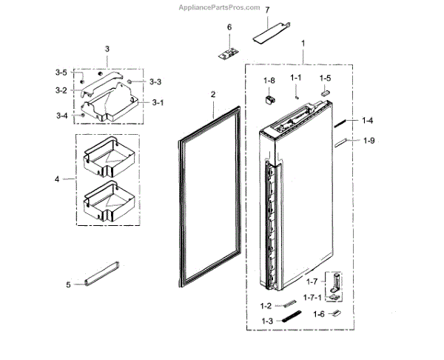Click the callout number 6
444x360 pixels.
coord(229,27)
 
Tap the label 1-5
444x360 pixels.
coord(326,77)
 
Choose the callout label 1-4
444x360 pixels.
coord(368,120)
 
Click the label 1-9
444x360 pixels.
coord(369,141)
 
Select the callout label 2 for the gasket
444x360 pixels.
coord(212,95)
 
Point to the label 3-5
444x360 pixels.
coord(61,73)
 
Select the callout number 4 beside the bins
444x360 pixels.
coord(56,179)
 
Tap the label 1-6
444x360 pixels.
coord(318,314)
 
